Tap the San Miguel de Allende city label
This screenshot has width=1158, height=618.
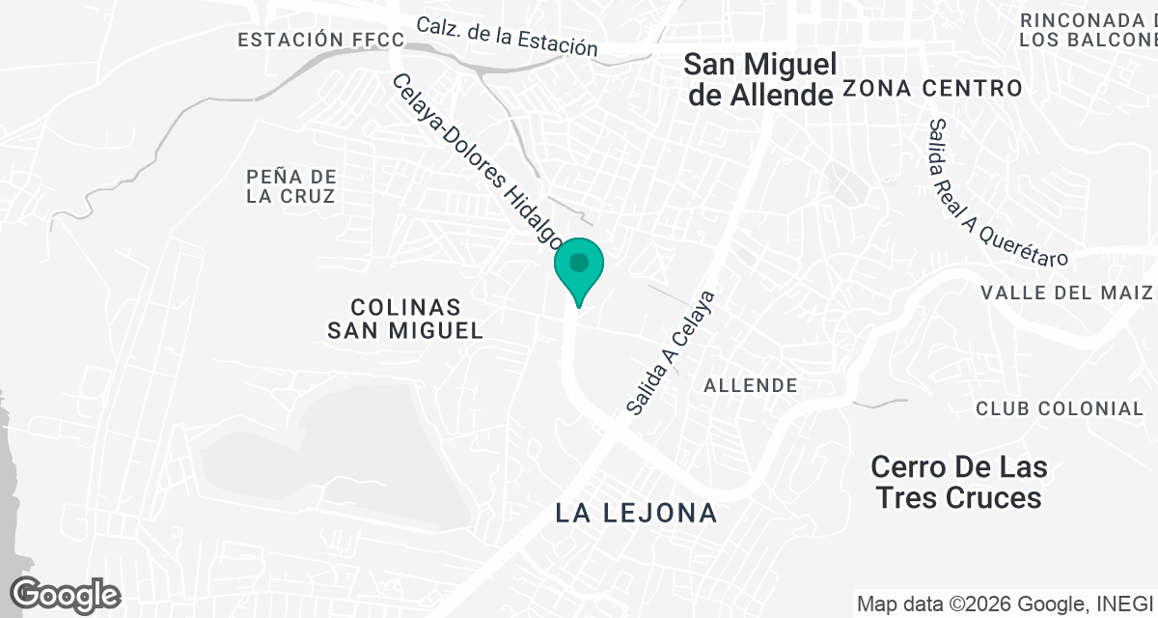[x=758, y=80]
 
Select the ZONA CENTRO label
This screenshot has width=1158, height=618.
[x=932, y=89]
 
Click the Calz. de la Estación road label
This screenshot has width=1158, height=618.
[x=507, y=36]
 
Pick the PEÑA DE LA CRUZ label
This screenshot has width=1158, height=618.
[x=290, y=186]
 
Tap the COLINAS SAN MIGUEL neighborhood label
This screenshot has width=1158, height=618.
[x=404, y=319]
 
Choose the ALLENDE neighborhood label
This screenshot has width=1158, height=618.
[x=751, y=386]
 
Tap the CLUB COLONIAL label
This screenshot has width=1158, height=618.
[x=1060, y=408]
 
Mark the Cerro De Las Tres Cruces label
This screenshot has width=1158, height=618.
[x=958, y=483]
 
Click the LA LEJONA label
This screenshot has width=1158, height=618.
[x=637, y=513]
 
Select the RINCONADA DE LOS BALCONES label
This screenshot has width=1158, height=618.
[x=1089, y=30]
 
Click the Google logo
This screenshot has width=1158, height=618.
[x=66, y=594]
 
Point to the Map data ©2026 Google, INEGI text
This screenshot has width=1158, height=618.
[x=1004, y=604]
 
